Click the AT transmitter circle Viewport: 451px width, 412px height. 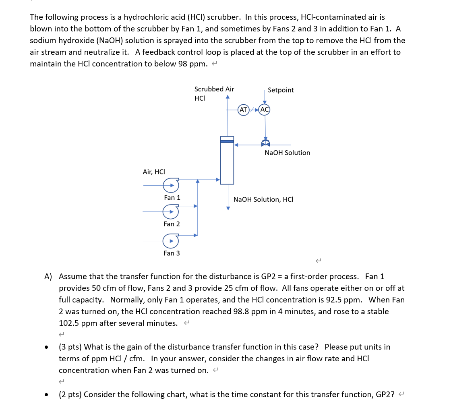(243, 110)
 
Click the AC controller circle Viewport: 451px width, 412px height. (265, 110)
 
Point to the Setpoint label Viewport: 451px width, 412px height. (281, 90)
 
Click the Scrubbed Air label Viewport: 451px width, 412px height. (214, 89)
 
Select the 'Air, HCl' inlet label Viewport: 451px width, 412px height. (154, 172)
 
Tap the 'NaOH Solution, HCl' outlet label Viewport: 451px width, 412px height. (263, 199)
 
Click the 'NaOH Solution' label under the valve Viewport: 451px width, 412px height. (287, 153)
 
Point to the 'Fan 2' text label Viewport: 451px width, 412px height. (172, 224)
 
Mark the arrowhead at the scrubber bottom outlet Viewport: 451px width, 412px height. (228, 208)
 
